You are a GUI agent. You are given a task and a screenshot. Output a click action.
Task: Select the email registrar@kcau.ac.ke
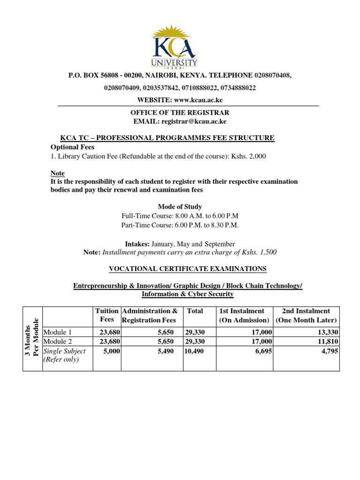(x=194, y=121)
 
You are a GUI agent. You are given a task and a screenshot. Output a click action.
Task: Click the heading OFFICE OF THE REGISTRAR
(x=180, y=113)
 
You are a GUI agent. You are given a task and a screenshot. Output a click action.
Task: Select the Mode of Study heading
(x=180, y=207)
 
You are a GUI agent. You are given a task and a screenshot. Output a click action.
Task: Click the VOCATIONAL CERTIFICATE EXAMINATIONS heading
(x=187, y=269)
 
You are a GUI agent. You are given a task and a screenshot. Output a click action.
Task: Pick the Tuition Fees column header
(x=107, y=315)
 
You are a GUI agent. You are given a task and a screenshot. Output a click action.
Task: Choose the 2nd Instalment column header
(x=306, y=315)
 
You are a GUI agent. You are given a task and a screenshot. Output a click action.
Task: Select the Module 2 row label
(x=58, y=342)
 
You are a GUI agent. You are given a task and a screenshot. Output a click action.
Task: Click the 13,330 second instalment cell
(x=325, y=332)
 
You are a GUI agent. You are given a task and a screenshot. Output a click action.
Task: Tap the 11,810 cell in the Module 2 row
(x=325, y=342)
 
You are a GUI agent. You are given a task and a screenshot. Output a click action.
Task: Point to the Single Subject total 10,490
(x=194, y=351)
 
